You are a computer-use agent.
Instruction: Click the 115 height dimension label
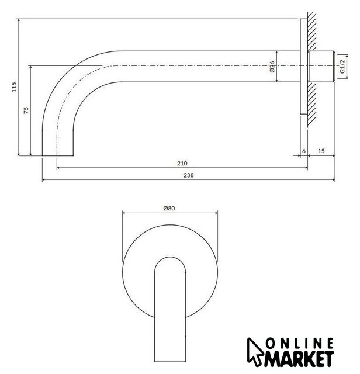[15, 87]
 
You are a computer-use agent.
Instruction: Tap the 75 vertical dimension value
[26, 110]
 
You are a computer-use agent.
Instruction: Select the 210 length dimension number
[182, 164]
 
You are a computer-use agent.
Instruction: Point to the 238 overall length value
[188, 175]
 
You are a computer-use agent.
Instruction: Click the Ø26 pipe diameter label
[272, 67]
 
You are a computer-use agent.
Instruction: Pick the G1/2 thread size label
[342, 66]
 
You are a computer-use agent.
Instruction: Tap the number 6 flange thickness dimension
[304, 151]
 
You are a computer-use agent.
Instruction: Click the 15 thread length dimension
[321, 151]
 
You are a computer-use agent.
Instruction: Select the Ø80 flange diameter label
[169, 208]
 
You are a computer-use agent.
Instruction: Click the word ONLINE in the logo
[300, 344]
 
